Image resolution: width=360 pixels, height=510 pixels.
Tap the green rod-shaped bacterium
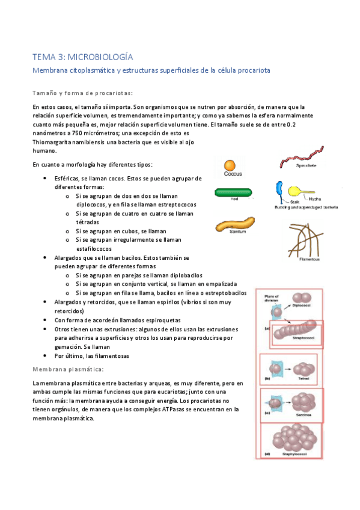(233, 192)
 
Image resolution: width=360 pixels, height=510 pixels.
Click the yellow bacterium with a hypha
(295, 191)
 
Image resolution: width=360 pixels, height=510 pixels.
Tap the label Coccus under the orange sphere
(233, 175)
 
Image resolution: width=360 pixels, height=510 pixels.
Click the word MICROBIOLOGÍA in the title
(100, 57)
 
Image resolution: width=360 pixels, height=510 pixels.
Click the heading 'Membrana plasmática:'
(69, 368)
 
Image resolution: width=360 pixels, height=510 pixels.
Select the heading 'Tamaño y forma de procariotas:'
(83, 93)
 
